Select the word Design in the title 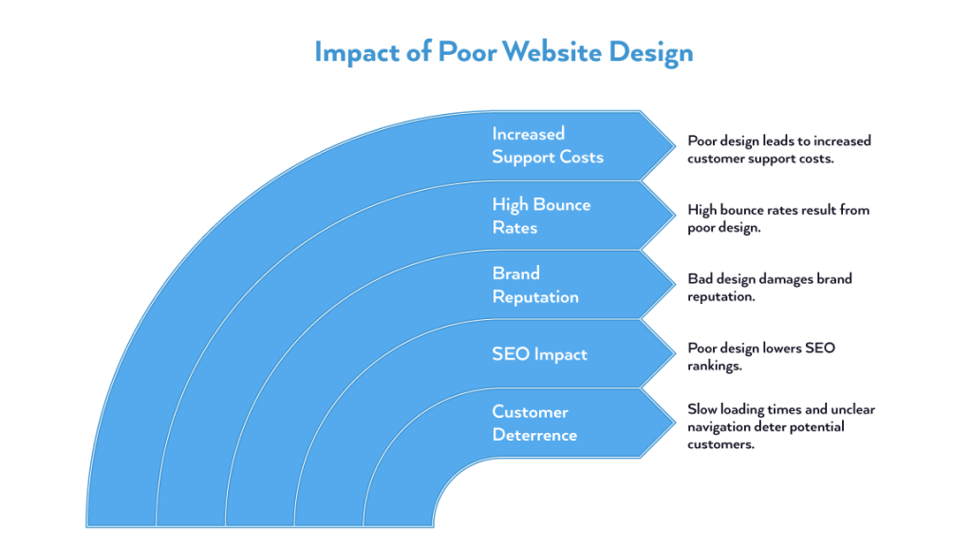tap(654, 51)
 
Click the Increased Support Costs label tap(547, 145)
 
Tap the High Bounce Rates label tap(541, 216)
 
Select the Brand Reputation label tap(534, 285)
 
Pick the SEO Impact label tap(539, 354)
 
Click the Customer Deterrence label tap(534, 424)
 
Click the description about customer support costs tap(778, 149)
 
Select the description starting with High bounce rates tap(778, 218)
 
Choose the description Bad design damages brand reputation tap(770, 288)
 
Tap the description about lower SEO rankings tap(761, 357)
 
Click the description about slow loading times tap(781, 426)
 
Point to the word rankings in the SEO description tap(716, 366)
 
